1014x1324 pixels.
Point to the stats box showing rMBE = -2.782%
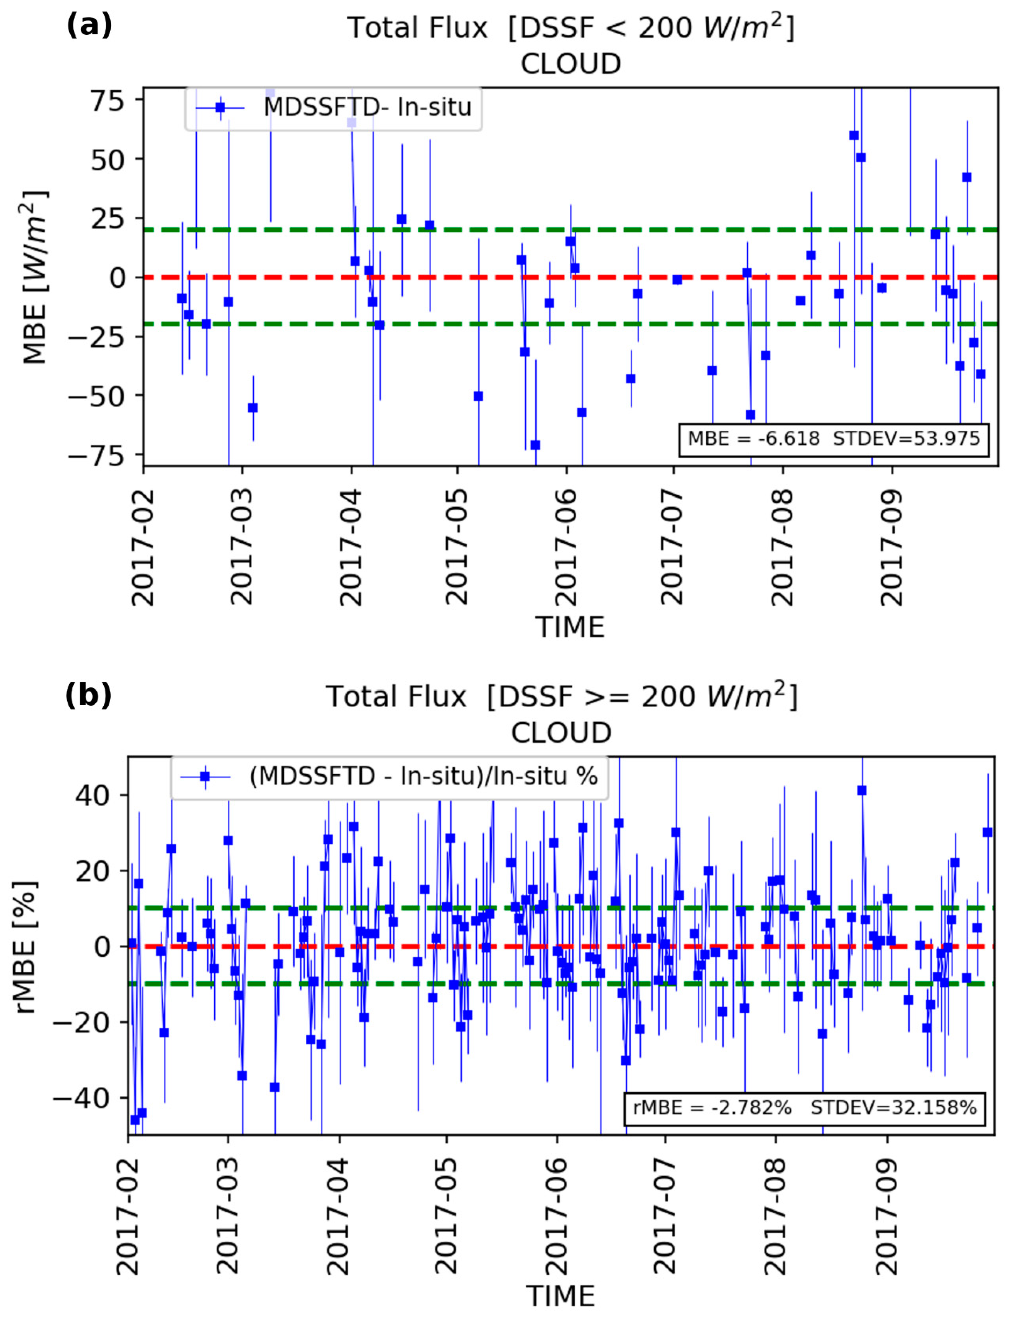804,1107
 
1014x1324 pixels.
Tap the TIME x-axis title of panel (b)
560,1296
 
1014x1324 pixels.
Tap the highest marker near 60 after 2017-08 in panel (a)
853,135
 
